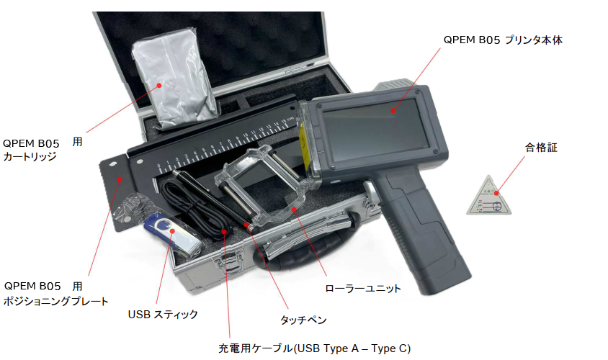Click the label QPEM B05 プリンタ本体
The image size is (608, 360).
pyautogui.click(x=503, y=40)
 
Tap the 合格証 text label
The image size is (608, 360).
pyautogui.click(x=541, y=148)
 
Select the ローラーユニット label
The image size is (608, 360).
pyautogui.click(x=362, y=288)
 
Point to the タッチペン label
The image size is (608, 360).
pyautogui.click(x=303, y=320)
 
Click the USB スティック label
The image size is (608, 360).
pyautogui.click(x=163, y=314)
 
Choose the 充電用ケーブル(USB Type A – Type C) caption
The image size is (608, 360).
pyautogui.click(x=315, y=348)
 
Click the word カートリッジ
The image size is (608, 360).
pyautogui.click(x=30, y=156)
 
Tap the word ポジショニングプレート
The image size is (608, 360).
pyautogui.click(x=56, y=301)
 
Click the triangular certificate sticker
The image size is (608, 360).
pyautogui.click(x=489, y=197)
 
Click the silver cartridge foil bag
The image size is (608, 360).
pyautogui.click(x=174, y=78)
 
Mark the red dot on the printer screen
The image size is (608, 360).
pyautogui.click(x=393, y=111)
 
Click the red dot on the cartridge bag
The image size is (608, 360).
pyautogui.click(x=159, y=85)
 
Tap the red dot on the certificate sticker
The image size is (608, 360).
pyautogui.click(x=496, y=193)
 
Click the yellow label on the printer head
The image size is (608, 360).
pyautogui.click(x=303, y=148)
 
